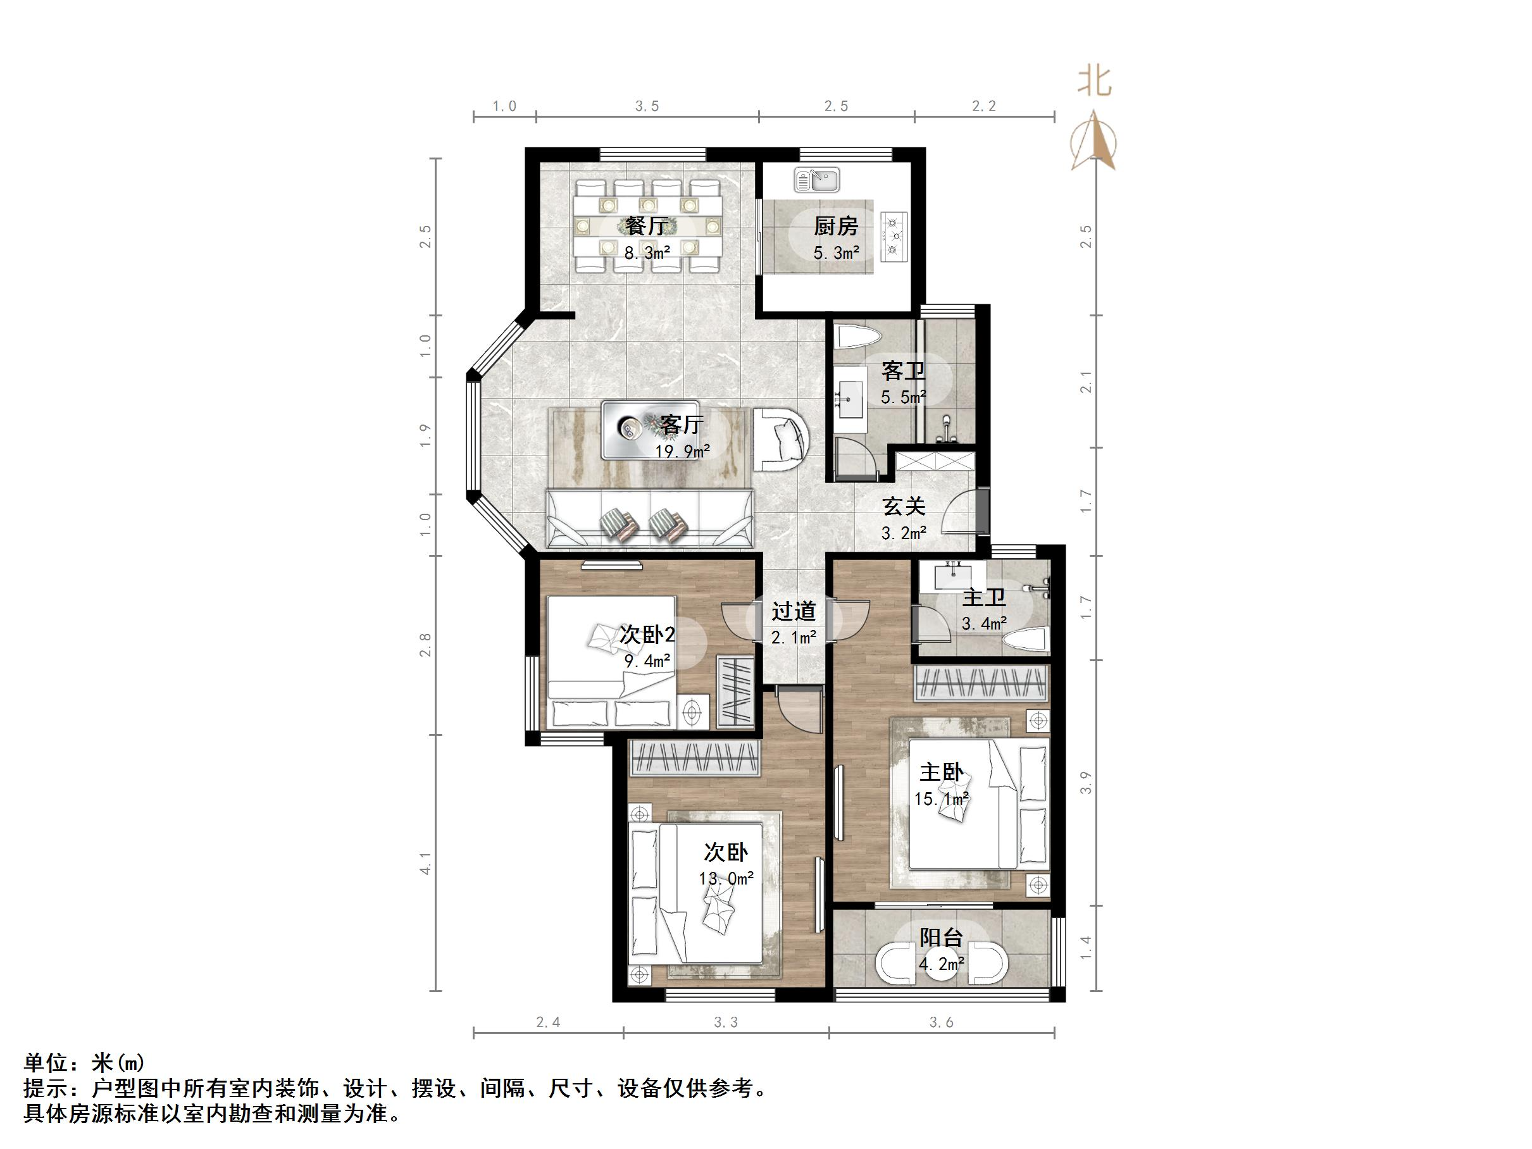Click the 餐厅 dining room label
click(x=646, y=226)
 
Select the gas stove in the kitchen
click(x=894, y=237)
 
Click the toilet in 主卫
click(x=1026, y=641)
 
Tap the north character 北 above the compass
click(x=1094, y=82)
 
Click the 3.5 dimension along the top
click(x=647, y=106)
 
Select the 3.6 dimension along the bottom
click(x=941, y=1022)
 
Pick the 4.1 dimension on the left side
click(x=425, y=863)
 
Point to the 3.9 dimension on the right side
click(x=1086, y=783)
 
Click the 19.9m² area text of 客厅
click(x=683, y=452)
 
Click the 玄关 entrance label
click(x=904, y=506)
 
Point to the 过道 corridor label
click(x=794, y=612)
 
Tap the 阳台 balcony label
click(x=941, y=938)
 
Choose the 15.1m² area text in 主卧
click(x=941, y=799)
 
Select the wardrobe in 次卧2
click(x=735, y=690)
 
